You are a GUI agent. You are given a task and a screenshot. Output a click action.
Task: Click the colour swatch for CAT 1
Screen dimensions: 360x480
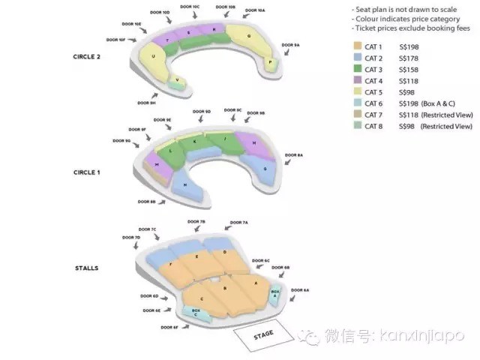356,46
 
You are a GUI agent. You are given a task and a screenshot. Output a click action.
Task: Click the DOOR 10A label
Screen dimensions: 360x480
255,10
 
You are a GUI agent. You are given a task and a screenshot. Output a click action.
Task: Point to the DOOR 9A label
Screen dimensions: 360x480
290,46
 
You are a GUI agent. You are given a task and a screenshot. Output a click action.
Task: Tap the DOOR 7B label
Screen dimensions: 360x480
197,222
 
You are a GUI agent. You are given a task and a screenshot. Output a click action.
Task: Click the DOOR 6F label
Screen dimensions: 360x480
169,327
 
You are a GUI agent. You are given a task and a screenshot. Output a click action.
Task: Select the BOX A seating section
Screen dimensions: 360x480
275,293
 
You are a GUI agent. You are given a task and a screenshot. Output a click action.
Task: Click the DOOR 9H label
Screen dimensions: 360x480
147,103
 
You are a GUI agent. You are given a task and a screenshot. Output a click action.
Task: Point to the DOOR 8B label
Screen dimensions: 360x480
147,201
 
